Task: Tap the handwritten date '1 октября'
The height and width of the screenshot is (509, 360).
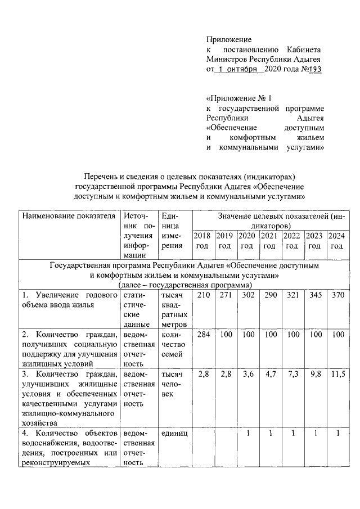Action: (240, 69)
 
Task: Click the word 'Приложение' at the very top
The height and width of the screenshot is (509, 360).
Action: (228, 39)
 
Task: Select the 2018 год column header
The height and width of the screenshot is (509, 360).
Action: (202, 241)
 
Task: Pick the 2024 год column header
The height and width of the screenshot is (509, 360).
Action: (336, 241)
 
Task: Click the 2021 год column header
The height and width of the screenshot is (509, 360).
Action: (269, 241)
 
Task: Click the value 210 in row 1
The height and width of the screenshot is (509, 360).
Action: (202, 295)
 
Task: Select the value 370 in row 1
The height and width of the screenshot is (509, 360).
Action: (336, 295)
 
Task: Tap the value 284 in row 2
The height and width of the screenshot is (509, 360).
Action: (202, 335)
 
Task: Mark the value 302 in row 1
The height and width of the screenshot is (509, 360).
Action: (247, 295)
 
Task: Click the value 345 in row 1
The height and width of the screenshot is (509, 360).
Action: (314, 295)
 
